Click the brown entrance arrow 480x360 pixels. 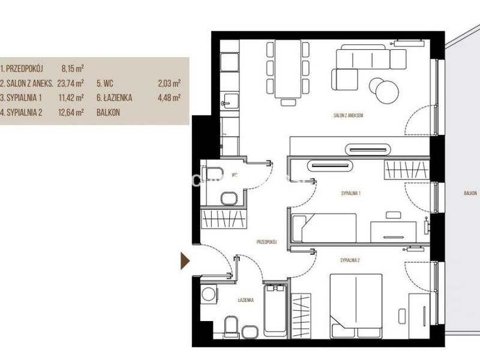(185, 261)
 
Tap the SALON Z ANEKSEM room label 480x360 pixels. (348, 115)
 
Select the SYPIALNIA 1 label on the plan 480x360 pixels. (350, 193)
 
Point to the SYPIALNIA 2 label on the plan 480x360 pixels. (350, 260)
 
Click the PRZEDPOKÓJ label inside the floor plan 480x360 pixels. (266, 242)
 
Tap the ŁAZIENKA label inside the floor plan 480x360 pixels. (246, 300)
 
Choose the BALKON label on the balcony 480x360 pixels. (470, 193)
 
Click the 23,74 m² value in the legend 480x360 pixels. (70, 83)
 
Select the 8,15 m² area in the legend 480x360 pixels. (73, 68)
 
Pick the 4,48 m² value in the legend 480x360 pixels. (169, 98)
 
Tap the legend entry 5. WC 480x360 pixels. (105, 83)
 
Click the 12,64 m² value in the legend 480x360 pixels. (71, 112)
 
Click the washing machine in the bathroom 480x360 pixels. (209, 294)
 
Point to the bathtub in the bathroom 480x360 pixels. (275, 310)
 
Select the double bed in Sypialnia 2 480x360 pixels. (356, 306)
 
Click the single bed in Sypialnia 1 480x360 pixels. (324, 228)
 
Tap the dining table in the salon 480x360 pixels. (288, 69)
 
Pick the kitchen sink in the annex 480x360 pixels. (229, 101)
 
